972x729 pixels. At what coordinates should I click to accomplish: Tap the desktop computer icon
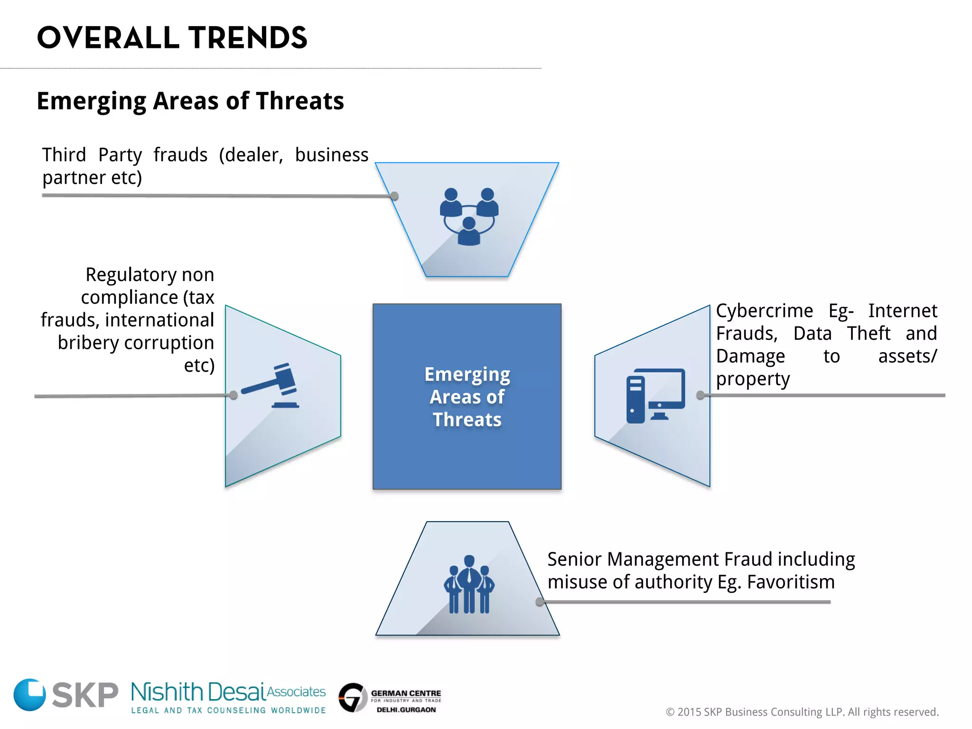click(655, 395)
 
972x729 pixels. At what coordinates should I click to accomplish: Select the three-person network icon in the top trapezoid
click(469, 216)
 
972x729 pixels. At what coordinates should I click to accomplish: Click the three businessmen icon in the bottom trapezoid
click(469, 584)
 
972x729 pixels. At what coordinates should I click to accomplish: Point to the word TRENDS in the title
click(248, 38)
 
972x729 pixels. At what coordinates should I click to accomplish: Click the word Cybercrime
click(764, 311)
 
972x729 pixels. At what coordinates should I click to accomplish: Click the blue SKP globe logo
click(29, 694)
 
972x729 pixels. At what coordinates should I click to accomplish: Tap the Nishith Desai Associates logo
click(228, 696)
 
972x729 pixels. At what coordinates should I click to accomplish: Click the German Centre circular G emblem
click(353, 697)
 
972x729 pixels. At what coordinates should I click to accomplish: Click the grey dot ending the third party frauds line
click(394, 196)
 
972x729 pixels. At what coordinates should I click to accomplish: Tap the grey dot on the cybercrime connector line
click(700, 395)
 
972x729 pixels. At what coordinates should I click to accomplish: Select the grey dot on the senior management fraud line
click(540, 602)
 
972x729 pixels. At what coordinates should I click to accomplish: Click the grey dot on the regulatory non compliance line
click(233, 395)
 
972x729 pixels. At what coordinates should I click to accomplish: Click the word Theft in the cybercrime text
click(869, 334)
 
